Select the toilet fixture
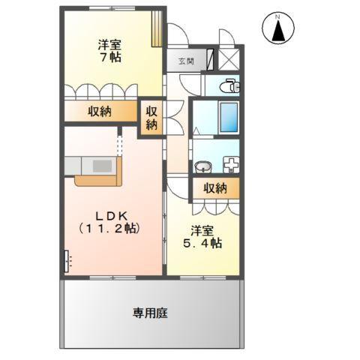pos(229,87)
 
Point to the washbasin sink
pos(202,165)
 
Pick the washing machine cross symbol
pos(229,164)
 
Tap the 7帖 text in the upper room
pos(109,57)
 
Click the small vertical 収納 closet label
pos(151,117)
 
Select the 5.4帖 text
pos(204,243)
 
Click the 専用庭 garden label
pos(151,312)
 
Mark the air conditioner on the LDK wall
pos(67,261)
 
